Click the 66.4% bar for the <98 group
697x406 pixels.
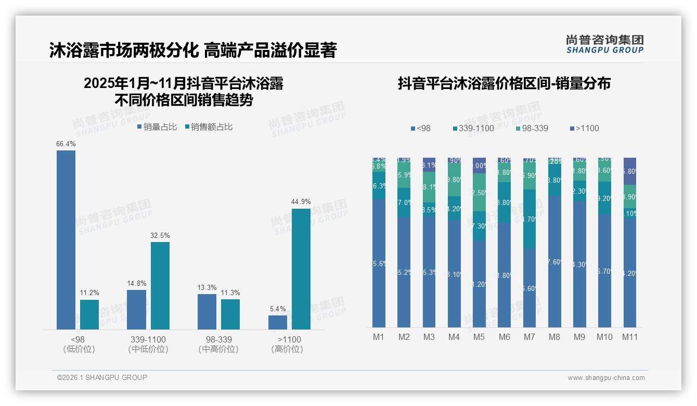tap(66, 239)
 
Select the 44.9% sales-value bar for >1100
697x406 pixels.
tap(301, 269)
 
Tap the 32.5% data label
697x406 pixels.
tap(160, 236)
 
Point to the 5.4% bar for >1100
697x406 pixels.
tap(278, 322)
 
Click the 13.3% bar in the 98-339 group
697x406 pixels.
tap(206, 311)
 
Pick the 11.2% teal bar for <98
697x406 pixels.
tap(89, 314)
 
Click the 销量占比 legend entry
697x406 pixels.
tap(157, 127)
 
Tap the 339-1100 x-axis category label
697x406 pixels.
tap(148, 339)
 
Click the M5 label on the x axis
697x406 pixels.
tap(479, 337)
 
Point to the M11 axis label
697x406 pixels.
tap(630, 337)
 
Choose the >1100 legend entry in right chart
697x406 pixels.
tap(584, 128)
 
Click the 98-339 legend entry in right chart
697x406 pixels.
tap(532, 128)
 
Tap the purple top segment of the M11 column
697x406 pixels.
tap(630, 171)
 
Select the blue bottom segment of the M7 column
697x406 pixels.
tap(530, 287)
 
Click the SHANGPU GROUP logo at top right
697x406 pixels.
tap(604, 44)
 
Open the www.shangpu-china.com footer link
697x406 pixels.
tap(606, 378)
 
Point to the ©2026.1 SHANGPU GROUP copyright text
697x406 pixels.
tap(102, 377)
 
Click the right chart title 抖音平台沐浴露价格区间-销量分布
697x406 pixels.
tap(504, 83)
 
